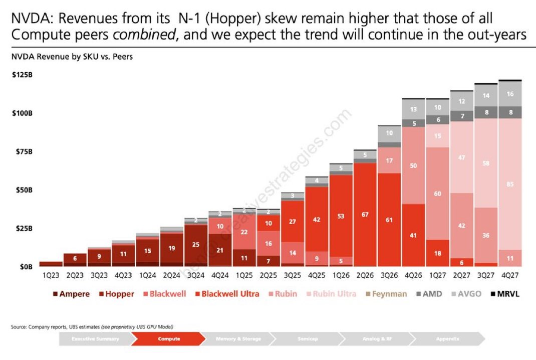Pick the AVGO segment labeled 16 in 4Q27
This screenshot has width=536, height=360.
(510, 94)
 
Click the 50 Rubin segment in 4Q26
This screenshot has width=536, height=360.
(414, 165)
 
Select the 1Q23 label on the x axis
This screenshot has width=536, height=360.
(50, 275)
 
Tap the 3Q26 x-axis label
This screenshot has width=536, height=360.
(389, 275)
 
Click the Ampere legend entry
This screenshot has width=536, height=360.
(72, 294)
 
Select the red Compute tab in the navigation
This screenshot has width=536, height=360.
(169, 339)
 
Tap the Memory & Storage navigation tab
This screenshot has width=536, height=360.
(238, 339)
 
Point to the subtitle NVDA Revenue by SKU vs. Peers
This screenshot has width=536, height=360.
(72, 57)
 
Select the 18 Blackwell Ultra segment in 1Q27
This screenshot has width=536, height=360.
(438, 254)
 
